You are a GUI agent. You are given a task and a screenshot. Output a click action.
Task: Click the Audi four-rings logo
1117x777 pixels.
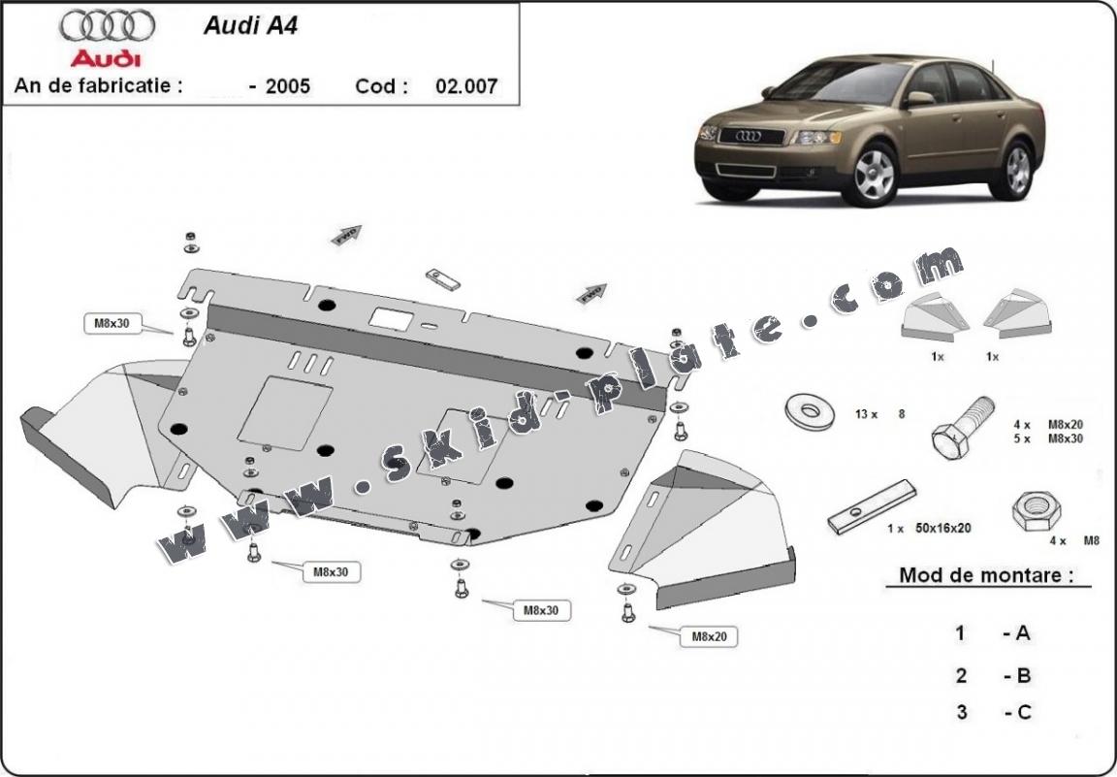(x=107, y=25)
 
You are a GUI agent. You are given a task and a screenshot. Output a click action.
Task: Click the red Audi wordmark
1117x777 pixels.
(x=106, y=57)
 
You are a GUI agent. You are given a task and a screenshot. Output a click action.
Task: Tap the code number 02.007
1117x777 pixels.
(x=466, y=86)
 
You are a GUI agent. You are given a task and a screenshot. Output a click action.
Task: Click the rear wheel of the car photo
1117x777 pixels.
(x=1017, y=169)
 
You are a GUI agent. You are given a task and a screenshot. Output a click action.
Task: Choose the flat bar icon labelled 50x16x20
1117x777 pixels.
(x=871, y=506)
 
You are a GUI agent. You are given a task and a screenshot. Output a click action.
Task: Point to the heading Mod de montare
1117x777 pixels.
(x=986, y=574)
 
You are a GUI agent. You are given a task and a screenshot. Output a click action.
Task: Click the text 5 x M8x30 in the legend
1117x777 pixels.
(x=1046, y=438)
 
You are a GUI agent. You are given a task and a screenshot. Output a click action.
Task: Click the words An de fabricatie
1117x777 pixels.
(x=98, y=85)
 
